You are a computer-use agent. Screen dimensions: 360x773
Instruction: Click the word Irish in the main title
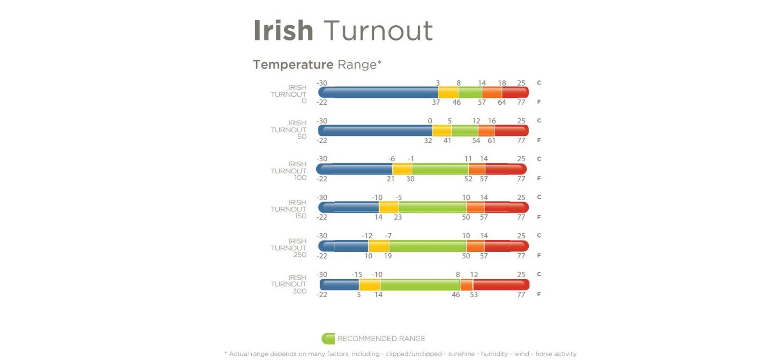click(x=283, y=31)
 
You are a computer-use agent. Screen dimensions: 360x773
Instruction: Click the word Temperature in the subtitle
click(x=293, y=64)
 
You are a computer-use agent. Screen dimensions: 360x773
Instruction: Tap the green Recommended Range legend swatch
click(x=328, y=339)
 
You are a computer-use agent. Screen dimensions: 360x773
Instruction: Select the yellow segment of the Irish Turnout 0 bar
click(x=448, y=93)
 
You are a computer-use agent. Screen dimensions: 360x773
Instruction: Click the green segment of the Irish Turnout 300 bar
click(x=420, y=285)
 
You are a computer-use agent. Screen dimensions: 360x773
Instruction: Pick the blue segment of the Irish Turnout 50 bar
click(x=374, y=130)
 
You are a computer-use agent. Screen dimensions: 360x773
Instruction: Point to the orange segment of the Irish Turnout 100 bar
click(x=476, y=169)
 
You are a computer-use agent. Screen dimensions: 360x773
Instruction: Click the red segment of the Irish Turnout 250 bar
click(x=506, y=246)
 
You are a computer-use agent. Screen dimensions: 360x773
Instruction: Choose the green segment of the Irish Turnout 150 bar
click(x=432, y=207)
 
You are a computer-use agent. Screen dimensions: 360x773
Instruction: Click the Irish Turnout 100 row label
click(x=289, y=171)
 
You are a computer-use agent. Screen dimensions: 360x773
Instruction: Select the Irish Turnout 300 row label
click(x=289, y=284)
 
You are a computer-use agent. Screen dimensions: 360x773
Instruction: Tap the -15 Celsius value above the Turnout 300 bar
click(x=356, y=275)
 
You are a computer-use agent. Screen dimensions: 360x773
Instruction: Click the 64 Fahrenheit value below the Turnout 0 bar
click(x=502, y=102)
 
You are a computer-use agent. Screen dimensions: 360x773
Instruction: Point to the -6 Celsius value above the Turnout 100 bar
click(x=391, y=159)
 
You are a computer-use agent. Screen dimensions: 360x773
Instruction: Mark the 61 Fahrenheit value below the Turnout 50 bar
click(x=491, y=141)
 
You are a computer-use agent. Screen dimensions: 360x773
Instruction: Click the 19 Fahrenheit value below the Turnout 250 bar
click(x=388, y=256)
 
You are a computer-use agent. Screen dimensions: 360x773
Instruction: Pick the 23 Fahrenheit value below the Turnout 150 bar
click(x=398, y=217)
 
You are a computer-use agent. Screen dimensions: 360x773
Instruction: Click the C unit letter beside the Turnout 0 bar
click(x=539, y=83)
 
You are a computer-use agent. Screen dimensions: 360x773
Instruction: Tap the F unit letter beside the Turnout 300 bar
click(x=539, y=294)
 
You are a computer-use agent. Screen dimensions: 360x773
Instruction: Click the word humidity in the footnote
click(x=494, y=354)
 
